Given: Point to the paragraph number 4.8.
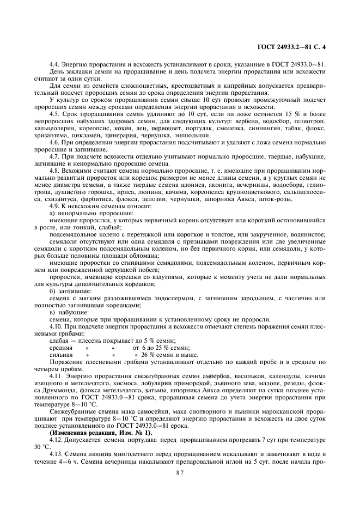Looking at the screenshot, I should [55, 171].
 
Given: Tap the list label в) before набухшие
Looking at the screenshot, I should [52, 313].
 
